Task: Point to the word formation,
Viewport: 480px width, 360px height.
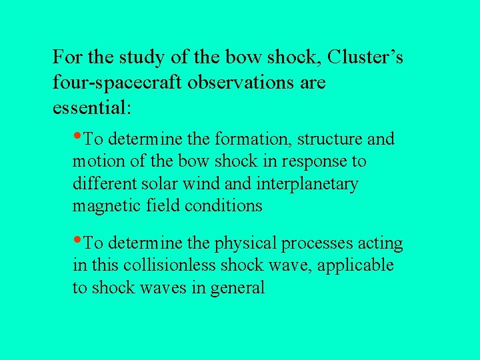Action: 253,140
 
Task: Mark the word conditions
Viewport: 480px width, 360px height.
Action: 224,206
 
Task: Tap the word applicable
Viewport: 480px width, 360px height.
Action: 355,266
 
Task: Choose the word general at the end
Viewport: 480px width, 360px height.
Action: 237,288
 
